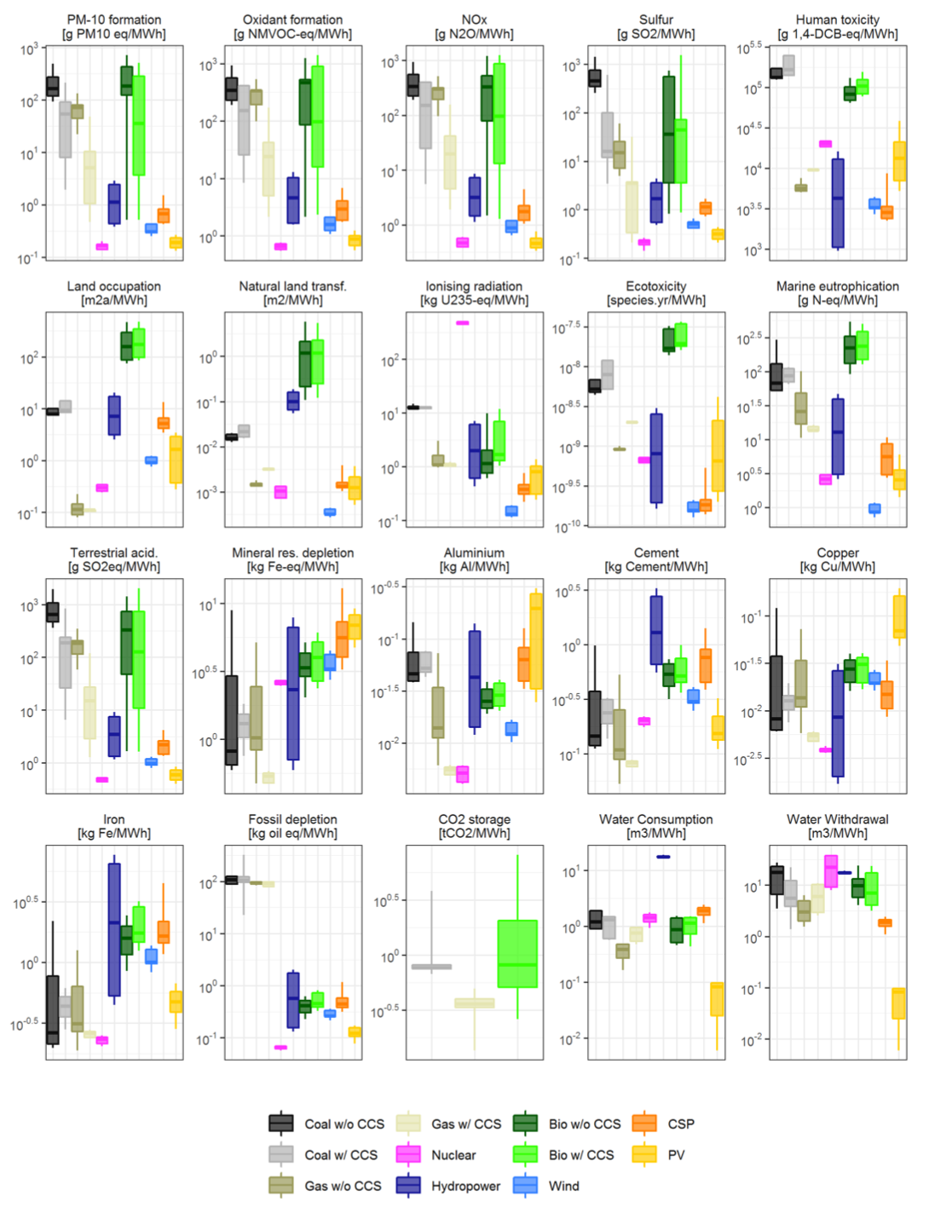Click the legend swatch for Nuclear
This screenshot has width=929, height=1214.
point(408,1154)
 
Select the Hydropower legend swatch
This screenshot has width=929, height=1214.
point(408,1186)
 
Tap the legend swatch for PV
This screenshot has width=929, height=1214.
point(644,1154)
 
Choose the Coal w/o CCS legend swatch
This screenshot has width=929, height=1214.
point(281,1124)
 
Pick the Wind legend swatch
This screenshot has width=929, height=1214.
point(525,1186)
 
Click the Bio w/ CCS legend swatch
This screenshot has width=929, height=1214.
point(525,1154)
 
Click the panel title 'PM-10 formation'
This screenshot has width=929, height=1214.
point(114,20)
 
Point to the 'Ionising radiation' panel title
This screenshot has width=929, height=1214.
point(474,286)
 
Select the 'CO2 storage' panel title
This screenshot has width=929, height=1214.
point(474,819)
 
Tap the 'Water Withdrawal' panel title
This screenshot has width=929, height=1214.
point(837,819)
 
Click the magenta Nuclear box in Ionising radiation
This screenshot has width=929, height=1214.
point(462,323)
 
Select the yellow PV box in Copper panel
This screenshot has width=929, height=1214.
point(899,616)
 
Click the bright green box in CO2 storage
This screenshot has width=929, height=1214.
point(517,953)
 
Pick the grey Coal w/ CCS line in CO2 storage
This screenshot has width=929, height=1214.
point(431,967)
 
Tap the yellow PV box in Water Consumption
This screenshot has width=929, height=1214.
point(717,999)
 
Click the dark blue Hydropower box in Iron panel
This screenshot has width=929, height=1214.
point(114,929)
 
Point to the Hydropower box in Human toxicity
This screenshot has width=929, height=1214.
point(838,203)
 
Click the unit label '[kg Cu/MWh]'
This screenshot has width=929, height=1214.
point(837,567)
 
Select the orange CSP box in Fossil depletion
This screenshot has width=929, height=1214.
point(342,1003)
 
